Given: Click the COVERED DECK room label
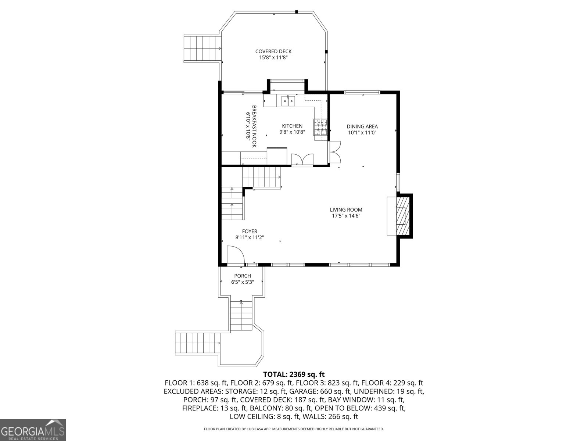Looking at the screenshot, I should click(273, 51).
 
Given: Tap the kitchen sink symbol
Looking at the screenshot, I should click(288, 100).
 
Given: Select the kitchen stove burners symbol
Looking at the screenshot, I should click(320, 128).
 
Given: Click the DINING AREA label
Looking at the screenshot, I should click(362, 127).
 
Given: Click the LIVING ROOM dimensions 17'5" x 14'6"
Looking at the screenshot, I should click(346, 216).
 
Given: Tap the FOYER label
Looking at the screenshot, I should click(250, 231).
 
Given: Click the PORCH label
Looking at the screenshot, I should click(243, 276).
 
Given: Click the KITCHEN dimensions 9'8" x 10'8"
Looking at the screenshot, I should click(292, 132).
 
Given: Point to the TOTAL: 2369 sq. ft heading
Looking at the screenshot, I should click(294, 374).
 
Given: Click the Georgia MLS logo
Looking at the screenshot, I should click(33, 430).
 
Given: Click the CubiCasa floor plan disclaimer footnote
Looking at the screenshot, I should click(294, 429).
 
